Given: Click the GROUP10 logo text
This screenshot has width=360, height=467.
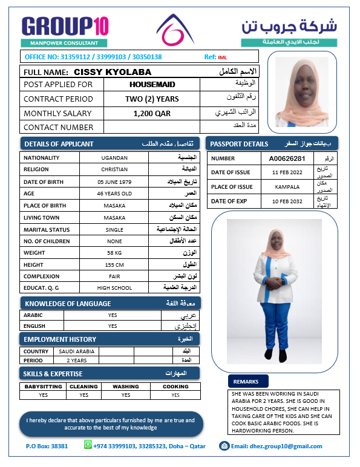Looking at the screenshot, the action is click(65, 26).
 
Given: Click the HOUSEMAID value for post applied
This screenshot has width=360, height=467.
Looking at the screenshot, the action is click(152, 85).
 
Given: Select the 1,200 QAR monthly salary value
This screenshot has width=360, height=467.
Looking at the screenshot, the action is click(152, 113).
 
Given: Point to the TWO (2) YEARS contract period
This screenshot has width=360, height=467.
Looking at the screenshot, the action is click(152, 99).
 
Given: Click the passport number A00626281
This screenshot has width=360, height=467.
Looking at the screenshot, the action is click(291, 158).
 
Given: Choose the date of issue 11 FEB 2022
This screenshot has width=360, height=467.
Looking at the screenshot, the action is click(291, 172).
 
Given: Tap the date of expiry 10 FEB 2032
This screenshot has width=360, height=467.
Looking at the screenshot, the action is click(291, 201).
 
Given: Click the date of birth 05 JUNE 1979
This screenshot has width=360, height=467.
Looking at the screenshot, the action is click(114, 182).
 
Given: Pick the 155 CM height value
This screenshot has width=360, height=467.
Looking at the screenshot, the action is click(114, 264).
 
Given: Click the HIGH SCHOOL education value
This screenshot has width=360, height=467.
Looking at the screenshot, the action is click(114, 288).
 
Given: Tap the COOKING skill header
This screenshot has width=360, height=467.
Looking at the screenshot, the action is click(175, 387).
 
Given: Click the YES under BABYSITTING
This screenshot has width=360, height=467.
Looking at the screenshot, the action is click(43, 395).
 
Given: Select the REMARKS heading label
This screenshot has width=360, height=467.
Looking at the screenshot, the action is click(246, 382).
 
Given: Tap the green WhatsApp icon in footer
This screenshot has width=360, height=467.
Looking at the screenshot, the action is click(88, 445).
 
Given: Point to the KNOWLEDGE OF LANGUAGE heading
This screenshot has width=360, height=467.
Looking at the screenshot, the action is click(67, 303).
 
